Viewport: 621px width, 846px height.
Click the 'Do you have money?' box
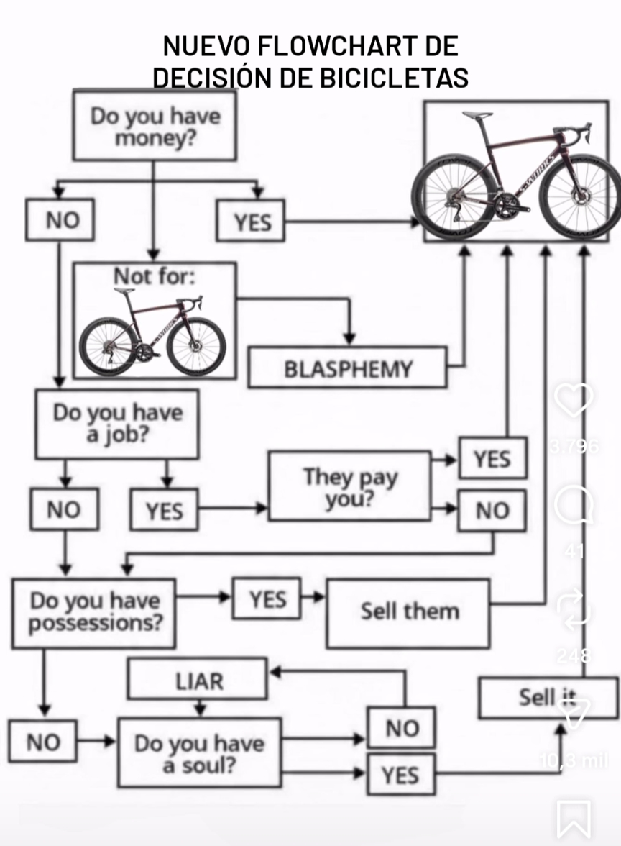(155, 126)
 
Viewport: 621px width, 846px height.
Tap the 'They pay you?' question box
(350, 486)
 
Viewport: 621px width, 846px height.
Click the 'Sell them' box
(408, 612)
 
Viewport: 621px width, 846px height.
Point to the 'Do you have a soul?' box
(199, 752)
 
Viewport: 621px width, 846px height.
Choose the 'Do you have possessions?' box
(94, 612)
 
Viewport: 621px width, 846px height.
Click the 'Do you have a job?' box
(117, 424)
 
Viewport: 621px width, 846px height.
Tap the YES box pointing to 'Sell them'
(267, 599)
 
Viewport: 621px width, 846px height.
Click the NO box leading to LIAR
(401, 728)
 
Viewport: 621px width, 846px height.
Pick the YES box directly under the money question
(251, 221)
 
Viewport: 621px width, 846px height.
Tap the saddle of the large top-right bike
(477, 115)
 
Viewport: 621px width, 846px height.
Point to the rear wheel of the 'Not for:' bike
(108, 346)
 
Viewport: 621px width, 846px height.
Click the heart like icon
(574, 399)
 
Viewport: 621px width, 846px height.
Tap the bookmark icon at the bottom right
(574, 819)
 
